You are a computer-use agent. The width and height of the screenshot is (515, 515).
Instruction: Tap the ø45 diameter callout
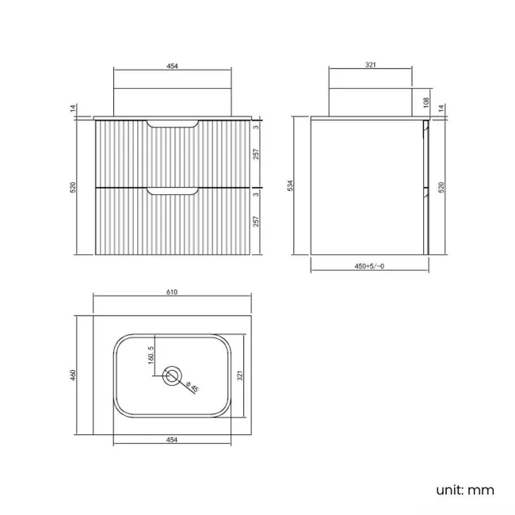pyautogui.click(x=189, y=387)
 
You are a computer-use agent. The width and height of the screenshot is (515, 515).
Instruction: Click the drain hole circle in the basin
pyautogui.click(x=172, y=376)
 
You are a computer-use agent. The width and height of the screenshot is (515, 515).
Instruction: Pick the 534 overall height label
pyautogui.click(x=291, y=186)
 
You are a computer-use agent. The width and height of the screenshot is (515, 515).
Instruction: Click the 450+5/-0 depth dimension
pyautogui.click(x=369, y=266)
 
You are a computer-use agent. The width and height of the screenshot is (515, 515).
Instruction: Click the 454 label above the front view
pyautogui.click(x=172, y=66)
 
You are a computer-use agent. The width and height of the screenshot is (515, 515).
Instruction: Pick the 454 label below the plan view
pyautogui.click(x=172, y=440)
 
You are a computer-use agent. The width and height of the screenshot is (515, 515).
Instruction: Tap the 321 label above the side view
pyautogui.click(x=369, y=66)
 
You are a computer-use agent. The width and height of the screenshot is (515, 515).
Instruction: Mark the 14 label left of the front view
pyautogui.click(x=73, y=109)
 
